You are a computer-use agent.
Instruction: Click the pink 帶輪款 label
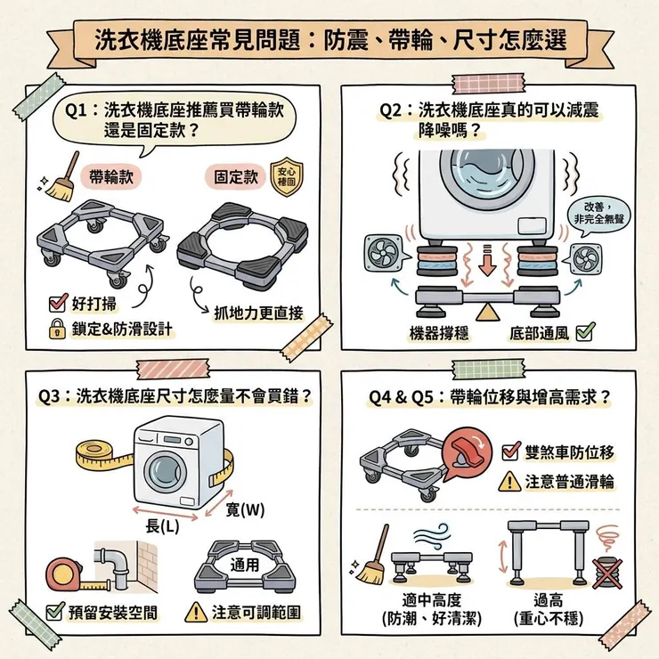[112, 176]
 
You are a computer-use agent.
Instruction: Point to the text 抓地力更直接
[258, 313]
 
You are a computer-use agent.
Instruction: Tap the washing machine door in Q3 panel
[165, 470]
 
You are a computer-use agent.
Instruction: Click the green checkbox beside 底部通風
[585, 333]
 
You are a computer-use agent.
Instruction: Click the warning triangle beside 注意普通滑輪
[510, 482]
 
